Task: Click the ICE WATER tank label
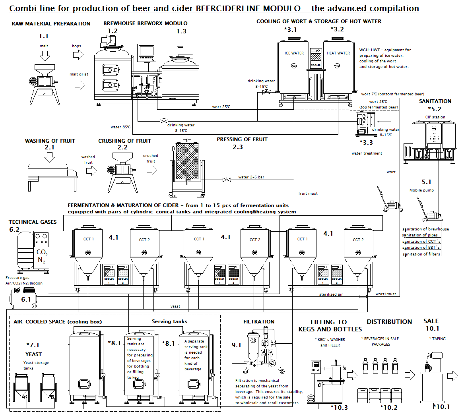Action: pos(294,53)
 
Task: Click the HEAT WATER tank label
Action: pos(338,53)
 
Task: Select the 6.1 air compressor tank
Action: pos(23,299)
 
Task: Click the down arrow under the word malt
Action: pos(45,56)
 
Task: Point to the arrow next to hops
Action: pos(78,55)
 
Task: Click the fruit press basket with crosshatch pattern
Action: pos(187,161)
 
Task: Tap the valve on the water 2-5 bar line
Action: pos(227,179)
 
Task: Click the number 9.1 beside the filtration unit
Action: pos(236,345)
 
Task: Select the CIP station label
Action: pos(435,117)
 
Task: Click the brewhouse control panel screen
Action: pos(146,50)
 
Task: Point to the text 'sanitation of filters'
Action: pos(421,254)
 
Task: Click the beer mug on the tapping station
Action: pos(428,368)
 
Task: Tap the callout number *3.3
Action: pos(366,143)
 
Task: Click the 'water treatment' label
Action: pos(367,153)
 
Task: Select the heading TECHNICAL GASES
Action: pos(33,222)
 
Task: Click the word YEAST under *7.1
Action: pos(33,354)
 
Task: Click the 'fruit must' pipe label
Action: pos(308,194)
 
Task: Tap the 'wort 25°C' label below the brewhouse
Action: pos(221,107)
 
